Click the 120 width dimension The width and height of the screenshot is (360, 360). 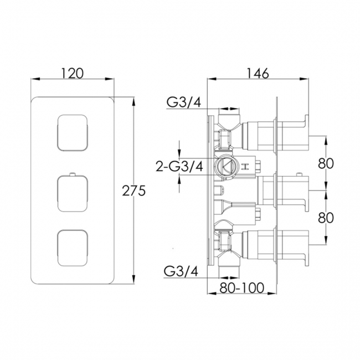point(73,73)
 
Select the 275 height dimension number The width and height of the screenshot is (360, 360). point(133,191)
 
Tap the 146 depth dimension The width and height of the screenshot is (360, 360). point(258,73)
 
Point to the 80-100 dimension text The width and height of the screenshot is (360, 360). point(242,287)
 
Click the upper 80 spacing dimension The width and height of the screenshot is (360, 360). point(326,164)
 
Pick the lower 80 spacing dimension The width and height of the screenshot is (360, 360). point(326,218)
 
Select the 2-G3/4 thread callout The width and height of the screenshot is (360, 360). point(179,166)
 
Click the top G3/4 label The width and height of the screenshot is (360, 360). point(184,102)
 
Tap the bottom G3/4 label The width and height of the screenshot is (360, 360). point(181,272)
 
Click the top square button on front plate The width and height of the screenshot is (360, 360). point(72,133)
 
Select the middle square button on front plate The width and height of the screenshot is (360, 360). point(72,193)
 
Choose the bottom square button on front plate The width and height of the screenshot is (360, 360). point(72,249)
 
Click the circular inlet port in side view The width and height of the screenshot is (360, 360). point(225,166)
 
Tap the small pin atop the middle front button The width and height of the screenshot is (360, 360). point(72,174)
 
